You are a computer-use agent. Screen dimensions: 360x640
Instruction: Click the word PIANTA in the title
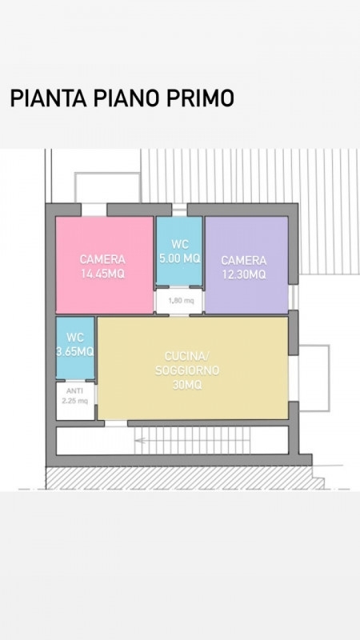coord(48,98)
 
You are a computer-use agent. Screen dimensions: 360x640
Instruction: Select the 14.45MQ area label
coord(102,274)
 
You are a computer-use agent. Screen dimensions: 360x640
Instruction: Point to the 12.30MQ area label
coord(244,274)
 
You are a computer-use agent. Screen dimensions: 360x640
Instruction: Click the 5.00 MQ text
coord(179,258)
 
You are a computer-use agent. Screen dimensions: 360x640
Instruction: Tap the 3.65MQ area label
coord(75,351)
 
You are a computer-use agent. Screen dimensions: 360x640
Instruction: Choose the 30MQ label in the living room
coord(187,385)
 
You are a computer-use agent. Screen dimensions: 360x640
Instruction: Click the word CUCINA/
coord(187,356)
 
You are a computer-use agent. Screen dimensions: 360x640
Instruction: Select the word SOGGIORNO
coord(187,370)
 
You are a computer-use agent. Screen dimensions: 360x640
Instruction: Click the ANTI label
coord(74,391)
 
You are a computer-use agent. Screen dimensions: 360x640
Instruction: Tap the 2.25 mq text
coord(74,401)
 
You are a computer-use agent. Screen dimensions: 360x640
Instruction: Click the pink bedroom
coord(105,265)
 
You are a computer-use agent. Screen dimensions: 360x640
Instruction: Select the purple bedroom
coord(246,265)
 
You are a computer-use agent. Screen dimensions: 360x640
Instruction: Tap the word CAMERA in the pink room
coord(102,259)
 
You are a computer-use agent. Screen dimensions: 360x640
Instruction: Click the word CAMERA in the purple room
coord(244,260)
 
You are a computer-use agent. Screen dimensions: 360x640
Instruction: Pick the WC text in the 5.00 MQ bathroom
coord(180,245)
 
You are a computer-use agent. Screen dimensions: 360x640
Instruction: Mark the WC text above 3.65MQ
coord(75,338)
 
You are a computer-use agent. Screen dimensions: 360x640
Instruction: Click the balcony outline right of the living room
coord(329,378)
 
